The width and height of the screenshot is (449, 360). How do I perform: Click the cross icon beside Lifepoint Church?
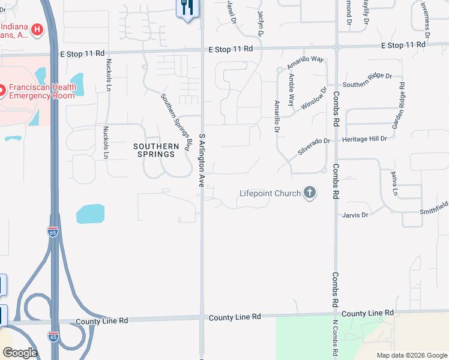pos(310,193)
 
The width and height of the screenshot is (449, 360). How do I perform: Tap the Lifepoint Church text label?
pos(270,194)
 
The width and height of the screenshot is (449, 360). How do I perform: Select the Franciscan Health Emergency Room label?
pos(42,91)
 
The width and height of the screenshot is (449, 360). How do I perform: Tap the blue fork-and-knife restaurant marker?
pos(187,8)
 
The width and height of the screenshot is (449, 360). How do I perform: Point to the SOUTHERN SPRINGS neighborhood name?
pos(156,150)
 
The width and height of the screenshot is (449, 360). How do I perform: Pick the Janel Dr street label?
pos(232,12)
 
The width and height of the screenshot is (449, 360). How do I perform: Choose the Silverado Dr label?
pos(314,147)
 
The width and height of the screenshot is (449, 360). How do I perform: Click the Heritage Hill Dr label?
pos(365,139)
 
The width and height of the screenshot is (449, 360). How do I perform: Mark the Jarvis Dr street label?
pos(354,214)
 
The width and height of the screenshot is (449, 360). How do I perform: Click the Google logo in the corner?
pos(20,353)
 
